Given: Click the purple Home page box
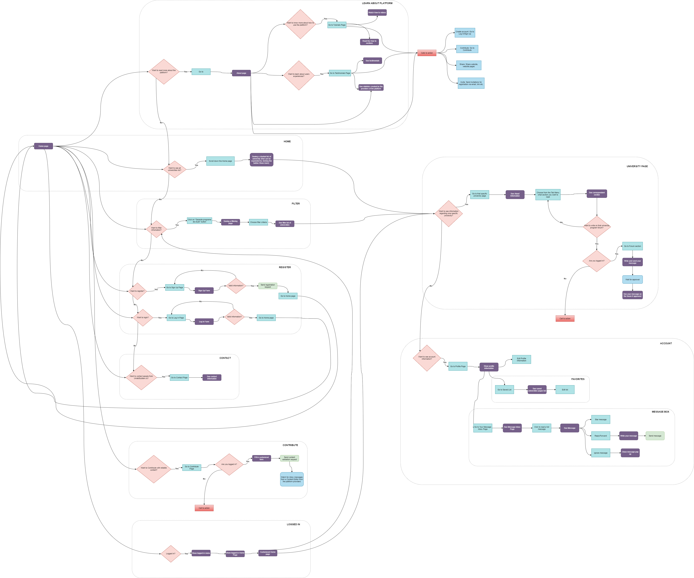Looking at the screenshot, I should (x=43, y=146).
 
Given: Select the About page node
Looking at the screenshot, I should (x=241, y=73).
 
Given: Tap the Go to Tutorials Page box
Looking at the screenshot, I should (x=337, y=25).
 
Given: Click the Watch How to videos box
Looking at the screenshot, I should (x=377, y=13).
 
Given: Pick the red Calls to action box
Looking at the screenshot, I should (x=427, y=53).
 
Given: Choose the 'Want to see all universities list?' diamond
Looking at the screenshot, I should (x=174, y=169).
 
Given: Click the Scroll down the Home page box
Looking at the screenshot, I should (x=220, y=161).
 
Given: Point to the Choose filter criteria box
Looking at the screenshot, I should (x=258, y=222).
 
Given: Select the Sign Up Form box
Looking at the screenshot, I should (x=204, y=291).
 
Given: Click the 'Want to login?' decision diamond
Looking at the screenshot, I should (x=143, y=318).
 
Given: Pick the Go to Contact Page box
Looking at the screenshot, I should (x=179, y=378).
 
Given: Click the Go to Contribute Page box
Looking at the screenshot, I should (x=192, y=468).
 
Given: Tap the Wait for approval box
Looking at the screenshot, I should (x=632, y=279).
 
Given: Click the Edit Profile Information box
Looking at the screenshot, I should (x=522, y=359).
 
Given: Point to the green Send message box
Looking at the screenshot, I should (x=655, y=436).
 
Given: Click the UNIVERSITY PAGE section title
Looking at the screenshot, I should (x=637, y=166).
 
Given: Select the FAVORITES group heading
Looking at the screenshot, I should (x=578, y=379).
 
